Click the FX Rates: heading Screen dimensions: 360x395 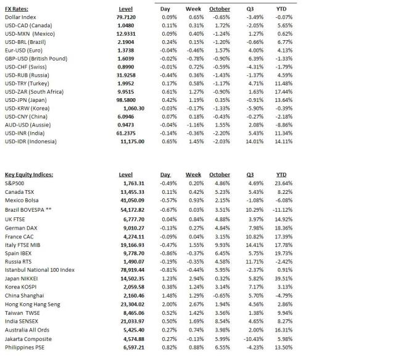(19, 9)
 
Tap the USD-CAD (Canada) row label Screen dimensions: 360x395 (29, 28)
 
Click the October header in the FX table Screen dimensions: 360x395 (219, 9)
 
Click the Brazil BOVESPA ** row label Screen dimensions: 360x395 (28, 211)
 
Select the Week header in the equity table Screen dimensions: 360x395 (193, 175)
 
